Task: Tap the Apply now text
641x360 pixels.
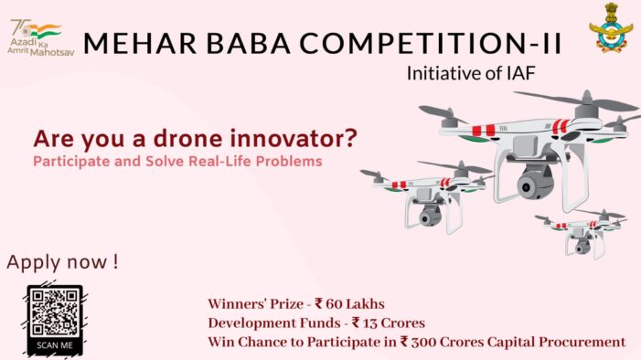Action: (63, 262)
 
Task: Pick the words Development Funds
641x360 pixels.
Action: (266, 323)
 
